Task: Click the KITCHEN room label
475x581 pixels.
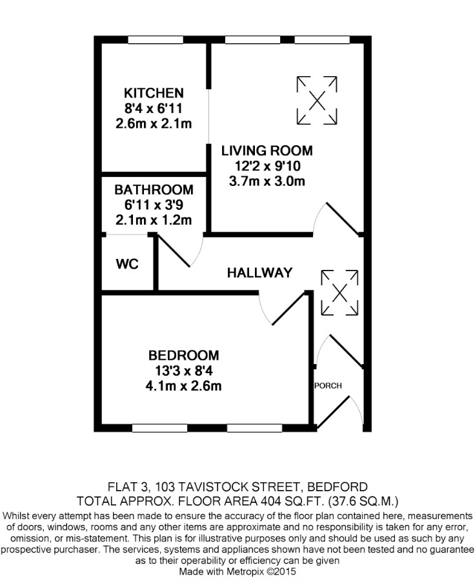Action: coord(154,92)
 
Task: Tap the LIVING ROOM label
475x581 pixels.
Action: coord(267,150)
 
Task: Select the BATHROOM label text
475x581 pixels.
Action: coord(154,190)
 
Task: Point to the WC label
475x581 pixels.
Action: coord(127,264)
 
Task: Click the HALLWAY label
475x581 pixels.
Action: coord(259,273)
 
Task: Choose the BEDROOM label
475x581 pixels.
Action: coord(184,355)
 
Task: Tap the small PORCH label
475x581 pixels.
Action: coord(328,386)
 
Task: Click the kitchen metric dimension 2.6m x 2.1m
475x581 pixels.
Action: coord(154,123)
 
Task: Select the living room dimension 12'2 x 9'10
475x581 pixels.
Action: coord(267,166)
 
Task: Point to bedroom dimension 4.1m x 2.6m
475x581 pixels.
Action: coord(184,386)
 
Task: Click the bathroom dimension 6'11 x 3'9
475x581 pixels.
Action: coord(154,205)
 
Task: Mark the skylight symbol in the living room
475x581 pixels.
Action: coord(317,101)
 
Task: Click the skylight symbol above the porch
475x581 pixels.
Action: coord(339,293)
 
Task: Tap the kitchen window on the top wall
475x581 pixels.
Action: coord(156,39)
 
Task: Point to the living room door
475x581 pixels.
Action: coord(342,219)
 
